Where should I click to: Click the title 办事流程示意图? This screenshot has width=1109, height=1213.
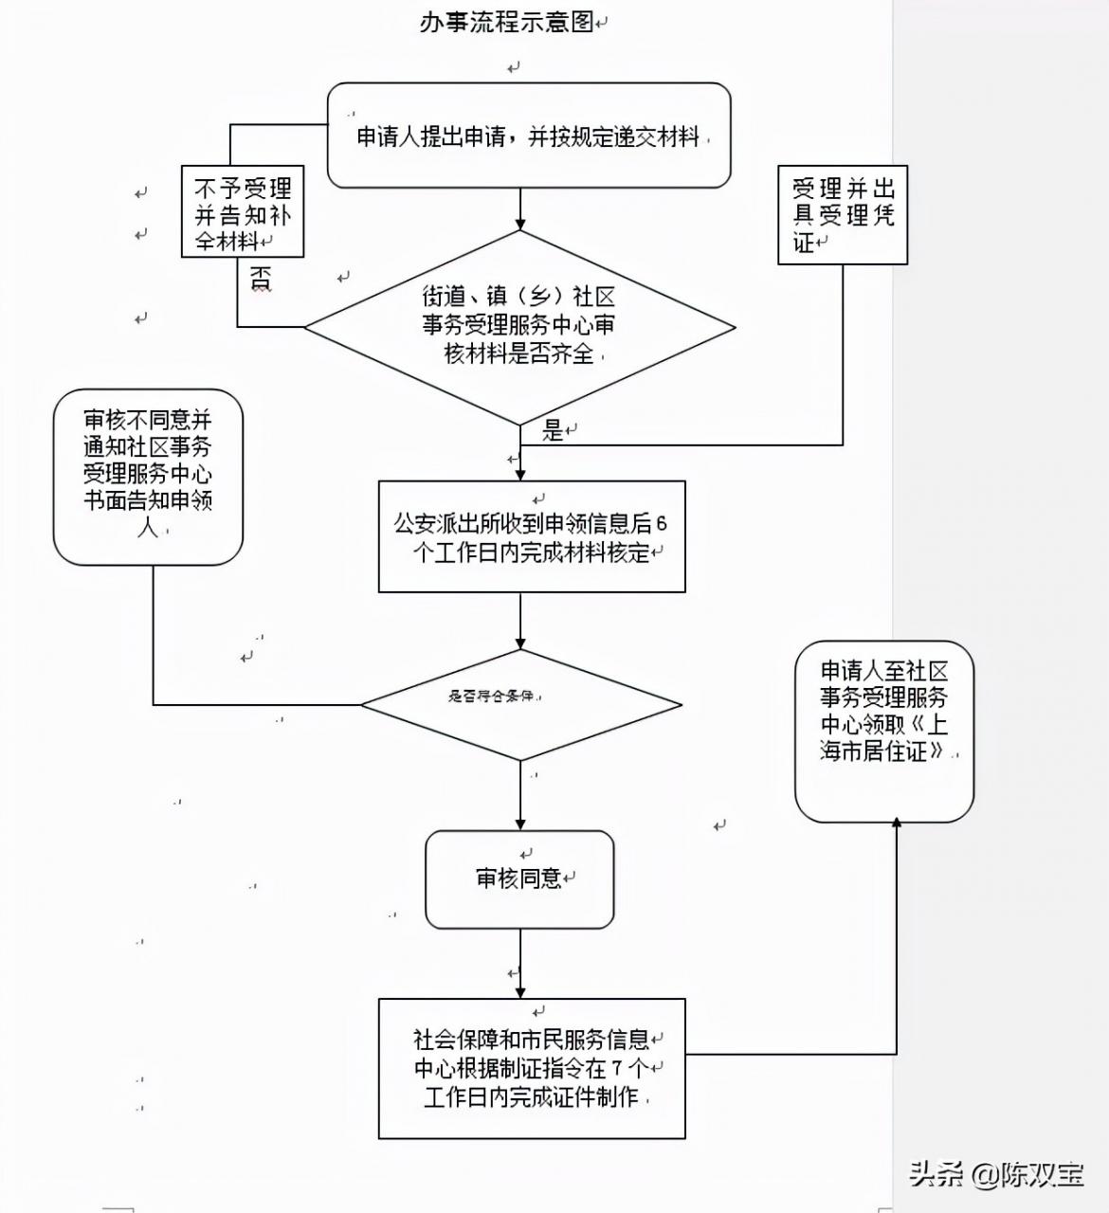[x=507, y=22]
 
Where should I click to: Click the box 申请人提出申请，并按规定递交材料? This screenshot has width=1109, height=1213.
[x=529, y=136]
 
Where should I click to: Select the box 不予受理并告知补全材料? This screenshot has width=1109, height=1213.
[x=243, y=212]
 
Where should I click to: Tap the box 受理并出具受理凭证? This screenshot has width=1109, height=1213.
[x=843, y=214]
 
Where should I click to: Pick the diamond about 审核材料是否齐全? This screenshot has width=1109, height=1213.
[x=519, y=327]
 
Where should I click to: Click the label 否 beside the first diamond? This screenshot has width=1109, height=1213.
[x=261, y=279]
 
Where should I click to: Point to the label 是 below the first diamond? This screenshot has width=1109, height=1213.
[x=553, y=431]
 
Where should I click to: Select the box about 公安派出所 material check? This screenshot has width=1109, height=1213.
[x=532, y=537]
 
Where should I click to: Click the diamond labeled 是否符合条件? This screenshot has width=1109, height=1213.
[x=521, y=704]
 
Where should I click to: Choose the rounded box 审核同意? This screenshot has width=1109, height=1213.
[x=519, y=879]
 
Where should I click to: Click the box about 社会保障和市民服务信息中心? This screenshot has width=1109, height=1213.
[x=532, y=1068]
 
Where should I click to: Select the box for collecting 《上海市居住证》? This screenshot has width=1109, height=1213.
[x=884, y=731]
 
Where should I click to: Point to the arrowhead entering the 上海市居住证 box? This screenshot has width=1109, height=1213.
[x=897, y=823]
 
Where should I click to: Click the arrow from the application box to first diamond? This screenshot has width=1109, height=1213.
[x=520, y=209]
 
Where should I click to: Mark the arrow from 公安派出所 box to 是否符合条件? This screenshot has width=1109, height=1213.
[x=520, y=621]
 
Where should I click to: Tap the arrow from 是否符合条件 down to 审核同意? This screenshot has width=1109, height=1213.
[x=520, y=796]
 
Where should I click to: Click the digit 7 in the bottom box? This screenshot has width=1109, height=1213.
[x=616, y=1068]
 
